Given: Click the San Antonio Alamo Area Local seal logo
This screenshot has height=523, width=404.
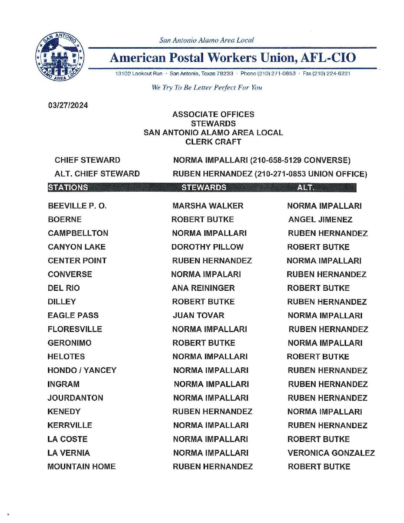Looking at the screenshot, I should [59, 56].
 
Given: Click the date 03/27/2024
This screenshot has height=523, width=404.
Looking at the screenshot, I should [68, 105].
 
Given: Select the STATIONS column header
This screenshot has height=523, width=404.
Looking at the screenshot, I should [68, 188].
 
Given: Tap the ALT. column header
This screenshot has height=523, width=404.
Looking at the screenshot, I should [306, 188].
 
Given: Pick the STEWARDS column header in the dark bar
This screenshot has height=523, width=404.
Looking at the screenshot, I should [204, 188].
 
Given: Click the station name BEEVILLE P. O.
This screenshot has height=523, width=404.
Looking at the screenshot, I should [77, 206].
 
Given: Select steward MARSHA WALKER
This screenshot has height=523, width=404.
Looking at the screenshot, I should [208, 206].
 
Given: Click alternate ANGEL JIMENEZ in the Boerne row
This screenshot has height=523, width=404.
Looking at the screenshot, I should [320, 220].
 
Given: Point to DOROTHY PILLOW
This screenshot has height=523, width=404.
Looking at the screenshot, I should [207, 247].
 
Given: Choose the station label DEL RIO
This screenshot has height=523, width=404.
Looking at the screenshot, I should [63, 288].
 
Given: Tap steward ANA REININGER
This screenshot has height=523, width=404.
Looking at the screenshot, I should [203, 288].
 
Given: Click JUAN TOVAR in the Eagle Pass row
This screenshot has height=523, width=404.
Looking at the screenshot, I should [198, 315].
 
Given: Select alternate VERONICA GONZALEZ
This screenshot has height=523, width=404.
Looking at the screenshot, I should [331, 453].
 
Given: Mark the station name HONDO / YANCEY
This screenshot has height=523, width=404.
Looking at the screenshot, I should [82, 370].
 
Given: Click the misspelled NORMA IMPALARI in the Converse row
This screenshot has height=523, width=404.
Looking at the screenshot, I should [206, 274].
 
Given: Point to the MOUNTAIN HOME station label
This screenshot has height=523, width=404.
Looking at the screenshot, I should [81, 467].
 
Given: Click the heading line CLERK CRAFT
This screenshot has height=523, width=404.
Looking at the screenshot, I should [213, 142].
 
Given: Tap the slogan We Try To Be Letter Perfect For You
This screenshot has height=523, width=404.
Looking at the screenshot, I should [206, 88].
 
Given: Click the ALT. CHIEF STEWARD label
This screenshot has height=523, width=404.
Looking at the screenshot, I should [97, 174].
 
